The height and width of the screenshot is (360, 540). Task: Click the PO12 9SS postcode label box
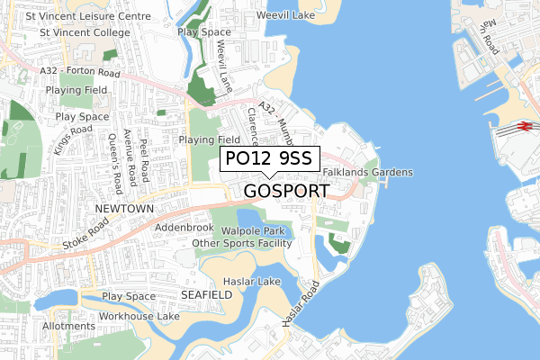[268, 158]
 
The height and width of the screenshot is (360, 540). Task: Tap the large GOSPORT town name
[286, 191]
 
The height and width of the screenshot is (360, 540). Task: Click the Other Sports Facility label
[243, 243]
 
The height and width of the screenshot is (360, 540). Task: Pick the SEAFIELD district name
[206, 294]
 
